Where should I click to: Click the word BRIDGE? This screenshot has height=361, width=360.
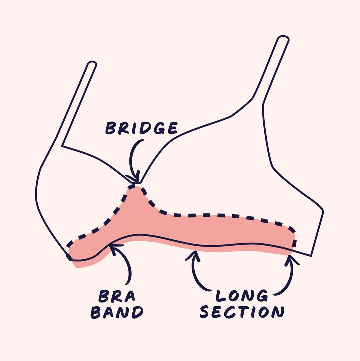point(141,128)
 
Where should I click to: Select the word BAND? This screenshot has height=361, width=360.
point(117,312)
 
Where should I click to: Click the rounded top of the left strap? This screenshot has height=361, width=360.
point(92,63)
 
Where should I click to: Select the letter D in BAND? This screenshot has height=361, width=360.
point(137,312)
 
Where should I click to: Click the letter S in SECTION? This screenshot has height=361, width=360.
point(204,312)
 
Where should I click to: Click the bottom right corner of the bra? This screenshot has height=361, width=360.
point(311,256)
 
